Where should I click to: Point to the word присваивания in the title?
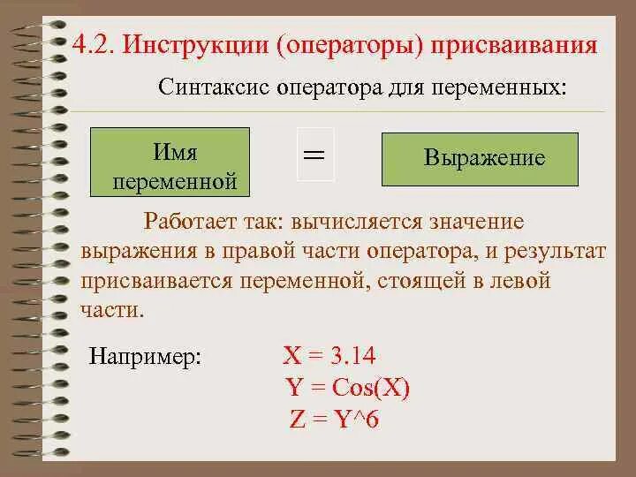pyautogui.click(x=513, y=44)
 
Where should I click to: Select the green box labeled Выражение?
pyautogui.click(x=480, y=159)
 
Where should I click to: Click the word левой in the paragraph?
pyautogui.click(x=519, y=282)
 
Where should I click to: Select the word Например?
pyautogui.click(x=146, y=358)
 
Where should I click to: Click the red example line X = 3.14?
pyautogui.click(x=329, y=356)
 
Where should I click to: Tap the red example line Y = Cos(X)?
pyautogui.click(x=348, y=388)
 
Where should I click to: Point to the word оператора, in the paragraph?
pyautogui.click(x=420, y=252)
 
